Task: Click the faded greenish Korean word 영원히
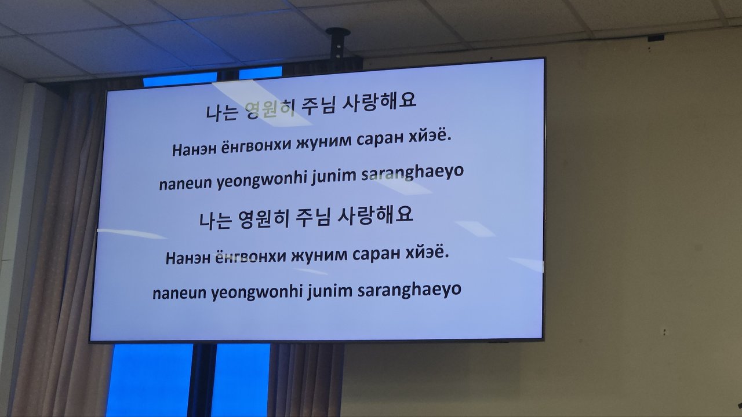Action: [270, 109]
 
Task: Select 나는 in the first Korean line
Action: [222, 112]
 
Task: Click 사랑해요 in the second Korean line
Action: [375, 215]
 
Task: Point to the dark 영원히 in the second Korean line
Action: [264, 219]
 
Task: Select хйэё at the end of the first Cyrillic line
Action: [430, 135]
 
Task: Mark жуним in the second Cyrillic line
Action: [319, 256]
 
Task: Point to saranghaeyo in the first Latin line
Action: [412, 173]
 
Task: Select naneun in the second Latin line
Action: [179, 294]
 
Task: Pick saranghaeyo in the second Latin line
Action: [409, 291]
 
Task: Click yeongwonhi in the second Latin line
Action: [257, 293]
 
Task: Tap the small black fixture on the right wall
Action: [656, 38]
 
